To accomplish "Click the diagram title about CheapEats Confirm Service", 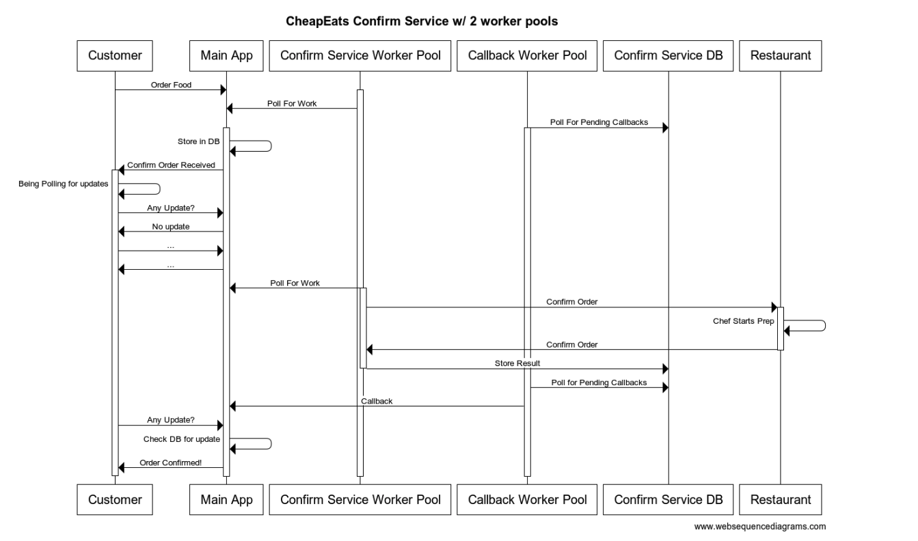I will coord(422,21).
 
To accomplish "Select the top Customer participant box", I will coord(115,56).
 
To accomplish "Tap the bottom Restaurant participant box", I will coord(780,499).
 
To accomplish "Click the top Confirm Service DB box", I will coord(668,56).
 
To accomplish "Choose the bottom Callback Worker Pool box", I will coord(527,499).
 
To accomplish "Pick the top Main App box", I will coord(226,56).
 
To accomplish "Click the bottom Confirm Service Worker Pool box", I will coord(360,499).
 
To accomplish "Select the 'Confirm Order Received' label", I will coord(171,165).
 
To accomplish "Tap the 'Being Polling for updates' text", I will coord(63,185).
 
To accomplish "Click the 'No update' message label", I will coord(171,226).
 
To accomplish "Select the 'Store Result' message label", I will coord(517,363).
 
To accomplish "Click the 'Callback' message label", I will coord(377,401).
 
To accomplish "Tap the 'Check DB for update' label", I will coord(182,439).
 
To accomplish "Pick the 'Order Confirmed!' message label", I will coord(171,462).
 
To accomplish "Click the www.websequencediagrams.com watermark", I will coord(759,526).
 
